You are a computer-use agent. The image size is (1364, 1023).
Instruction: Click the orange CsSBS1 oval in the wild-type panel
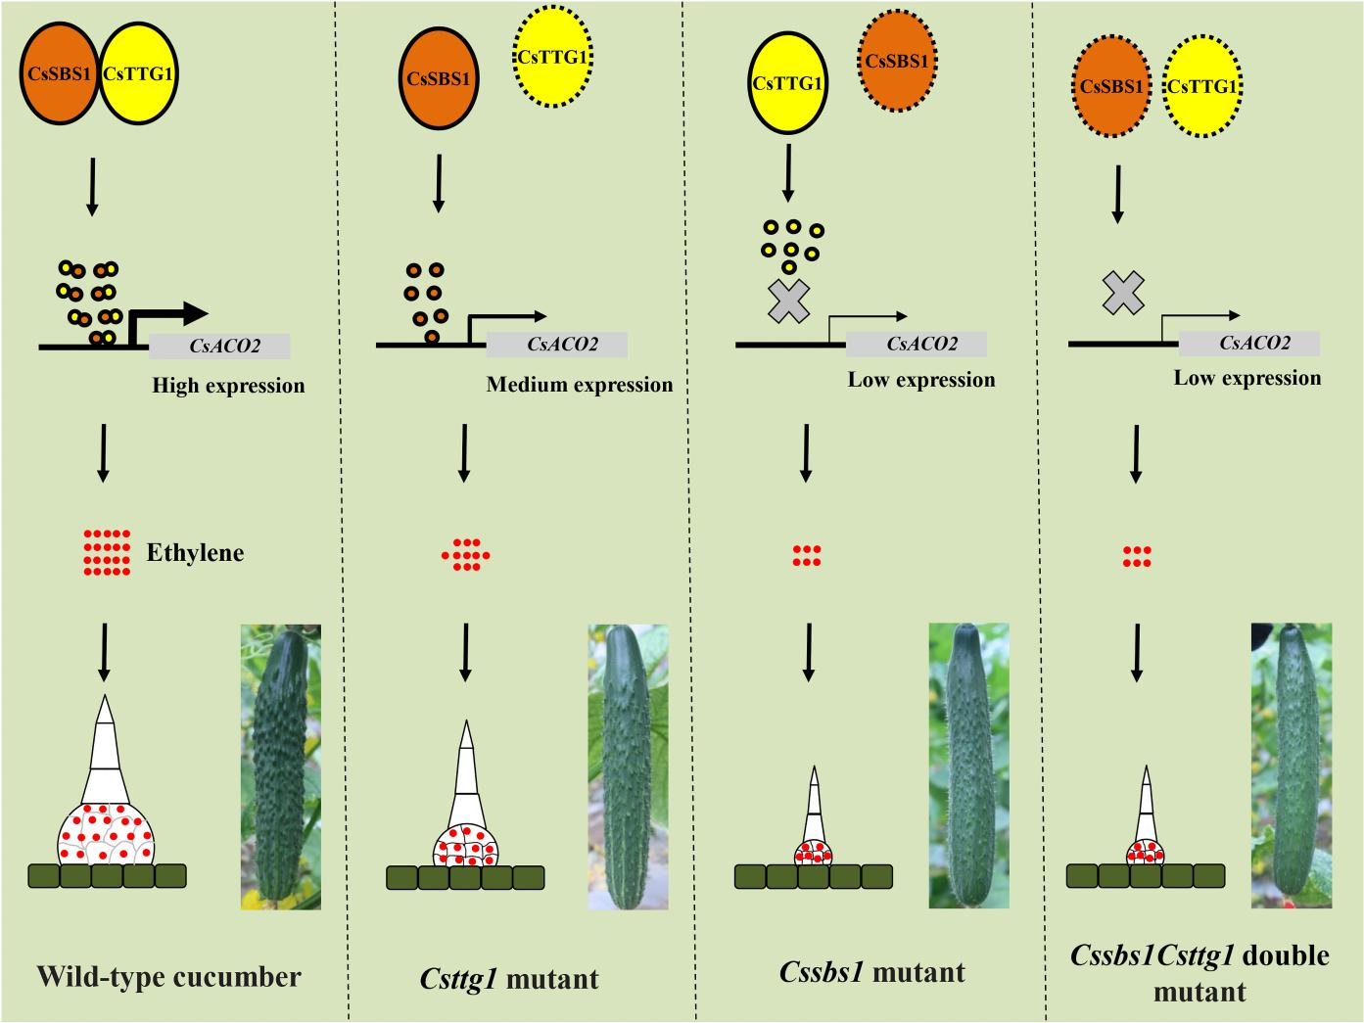click(x=60, y=73)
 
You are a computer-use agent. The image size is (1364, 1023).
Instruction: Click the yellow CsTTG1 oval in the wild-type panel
click(x=138, y=73)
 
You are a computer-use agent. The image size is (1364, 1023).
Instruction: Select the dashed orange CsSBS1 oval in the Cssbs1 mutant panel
click(x=897, y=63)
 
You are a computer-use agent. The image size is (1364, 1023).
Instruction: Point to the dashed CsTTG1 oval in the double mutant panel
click(x=1201, y=87)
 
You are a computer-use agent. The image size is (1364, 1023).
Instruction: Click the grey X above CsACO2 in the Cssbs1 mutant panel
click(x=788, y=300)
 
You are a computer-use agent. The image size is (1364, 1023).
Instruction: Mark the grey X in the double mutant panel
click(x=1123, y=293)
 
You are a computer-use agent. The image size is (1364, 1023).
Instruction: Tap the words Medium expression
click(x=580, y=385)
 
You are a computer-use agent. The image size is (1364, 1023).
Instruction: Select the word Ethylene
click(x=195, y=553)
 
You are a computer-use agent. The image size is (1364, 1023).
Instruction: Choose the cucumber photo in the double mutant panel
click(x=1291, y=765)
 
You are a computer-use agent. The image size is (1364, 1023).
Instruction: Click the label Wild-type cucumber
click(x=168, y=976)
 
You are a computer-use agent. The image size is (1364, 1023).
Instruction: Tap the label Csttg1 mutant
click(x=509, y=979)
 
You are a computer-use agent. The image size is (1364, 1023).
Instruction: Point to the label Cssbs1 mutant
click(x=872, y=972)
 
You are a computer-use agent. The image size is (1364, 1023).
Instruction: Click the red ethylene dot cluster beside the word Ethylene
click(x=107, y=552)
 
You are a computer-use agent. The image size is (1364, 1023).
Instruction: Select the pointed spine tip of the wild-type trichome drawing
click(x=105, y=705)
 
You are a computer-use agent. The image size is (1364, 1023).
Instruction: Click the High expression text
click(x=228, y=386)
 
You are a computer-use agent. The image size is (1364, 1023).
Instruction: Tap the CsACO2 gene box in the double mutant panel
click(x=1248, y=343)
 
